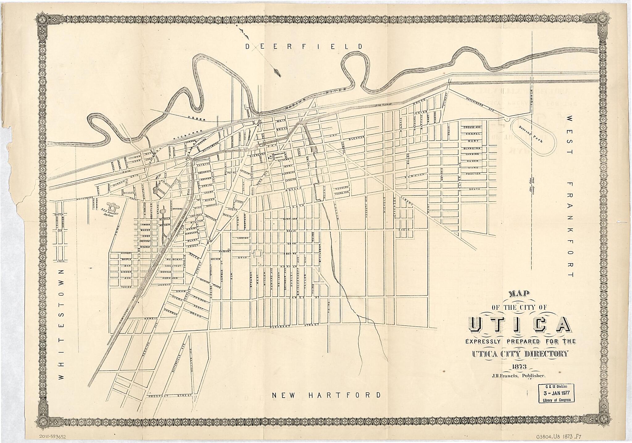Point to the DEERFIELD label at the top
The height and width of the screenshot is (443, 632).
[x=304, y=47]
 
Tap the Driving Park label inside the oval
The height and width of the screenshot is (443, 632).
[x=534, y=135]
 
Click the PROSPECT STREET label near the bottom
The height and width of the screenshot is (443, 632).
[x=170, y=395]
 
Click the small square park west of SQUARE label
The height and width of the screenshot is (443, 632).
[x=257, y=253]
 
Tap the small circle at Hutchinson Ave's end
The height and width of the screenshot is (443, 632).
[x=507, y=119]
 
